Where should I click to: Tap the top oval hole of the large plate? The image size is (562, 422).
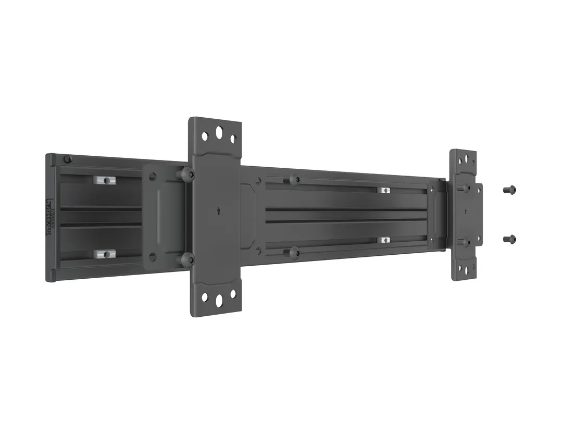(x=219, y=132)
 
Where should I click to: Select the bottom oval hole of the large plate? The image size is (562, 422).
(x=219, y=301)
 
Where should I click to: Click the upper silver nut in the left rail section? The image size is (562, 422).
(x=105, y=180)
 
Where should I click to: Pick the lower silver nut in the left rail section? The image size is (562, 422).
(x=104, y=254)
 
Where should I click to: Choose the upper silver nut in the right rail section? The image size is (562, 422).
(x=385, y=190)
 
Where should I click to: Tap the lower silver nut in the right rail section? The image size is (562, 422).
(x=384, y=240)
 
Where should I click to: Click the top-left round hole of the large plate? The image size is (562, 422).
(x=205, y=136)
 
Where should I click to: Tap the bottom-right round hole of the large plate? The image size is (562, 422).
(x=233, y=294)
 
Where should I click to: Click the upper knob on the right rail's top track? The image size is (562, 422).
(x=294, y=180)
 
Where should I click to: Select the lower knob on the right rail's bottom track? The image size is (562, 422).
(x=294, y=253)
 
